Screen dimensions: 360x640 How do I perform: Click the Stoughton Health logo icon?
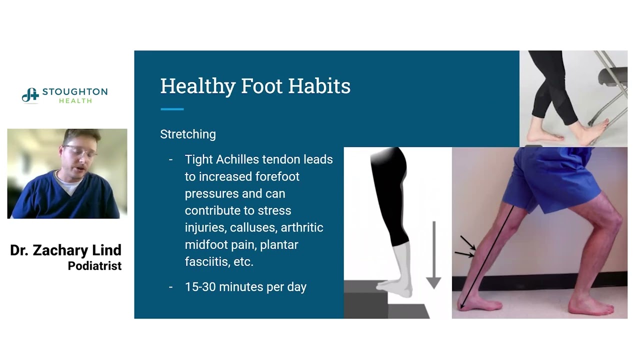[30, 95]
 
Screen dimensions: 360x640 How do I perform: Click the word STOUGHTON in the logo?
[75, 92]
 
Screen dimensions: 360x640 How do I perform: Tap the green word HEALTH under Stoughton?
[75, 101]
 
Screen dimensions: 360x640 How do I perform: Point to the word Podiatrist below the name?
[94, 266]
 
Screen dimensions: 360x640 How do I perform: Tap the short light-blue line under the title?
[172, 109]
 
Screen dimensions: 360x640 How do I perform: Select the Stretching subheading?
[188, 134]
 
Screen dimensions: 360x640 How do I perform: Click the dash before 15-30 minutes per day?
[171, 287]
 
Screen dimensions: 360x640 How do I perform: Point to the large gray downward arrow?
[433, 255]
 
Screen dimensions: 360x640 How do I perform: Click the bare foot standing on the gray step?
[395, 287]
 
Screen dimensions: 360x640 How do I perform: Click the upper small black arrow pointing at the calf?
[468, 243]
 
